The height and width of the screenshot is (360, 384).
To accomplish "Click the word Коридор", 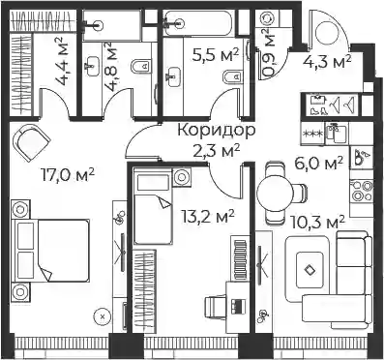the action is (x=217, y=131).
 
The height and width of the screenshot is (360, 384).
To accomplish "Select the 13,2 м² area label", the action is (x=207, y=217).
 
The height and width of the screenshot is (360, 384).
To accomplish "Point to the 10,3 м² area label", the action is (x=318, y=223).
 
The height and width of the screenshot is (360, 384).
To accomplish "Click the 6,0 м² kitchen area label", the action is (x=318, y=164).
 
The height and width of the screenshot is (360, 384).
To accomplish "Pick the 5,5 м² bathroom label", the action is (x=216, y=55).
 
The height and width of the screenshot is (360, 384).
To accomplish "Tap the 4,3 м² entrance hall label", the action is (x=327, y=61).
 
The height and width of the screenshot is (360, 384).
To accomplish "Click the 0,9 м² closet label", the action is (x=268, y=52).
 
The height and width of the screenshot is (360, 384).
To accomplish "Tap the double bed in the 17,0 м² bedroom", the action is (x=50, y=251).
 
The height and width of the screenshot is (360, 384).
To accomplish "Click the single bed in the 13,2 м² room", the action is (x=153, y=206).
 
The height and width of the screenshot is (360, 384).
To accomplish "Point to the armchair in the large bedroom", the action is (x=32, y=142).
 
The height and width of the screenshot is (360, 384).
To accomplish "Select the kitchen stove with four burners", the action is (x=362, y=191).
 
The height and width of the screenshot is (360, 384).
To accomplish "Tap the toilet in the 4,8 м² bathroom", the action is (x=141, y=67).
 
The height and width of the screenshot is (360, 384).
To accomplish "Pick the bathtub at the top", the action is (x=197, y=23).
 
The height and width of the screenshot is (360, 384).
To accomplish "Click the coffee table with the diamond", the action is (x=310, y=269).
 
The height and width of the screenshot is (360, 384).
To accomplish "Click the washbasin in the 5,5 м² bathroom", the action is (x=174, y=77).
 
